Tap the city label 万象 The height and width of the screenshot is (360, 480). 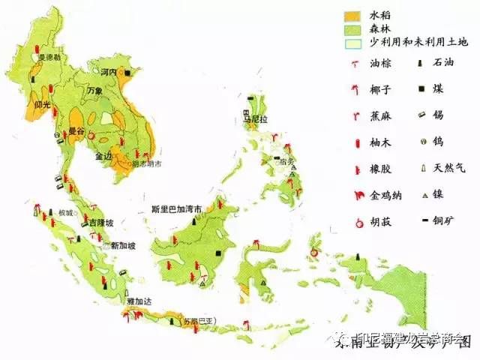(94, 91)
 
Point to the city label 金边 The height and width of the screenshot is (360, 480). (103, 157)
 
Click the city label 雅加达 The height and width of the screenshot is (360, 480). (140, 301)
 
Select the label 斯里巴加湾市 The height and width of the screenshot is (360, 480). (177, 209)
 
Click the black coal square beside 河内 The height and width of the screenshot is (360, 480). (128, 72)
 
